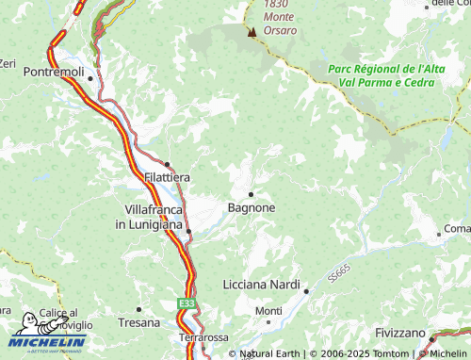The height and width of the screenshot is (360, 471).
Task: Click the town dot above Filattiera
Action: click(168, 163)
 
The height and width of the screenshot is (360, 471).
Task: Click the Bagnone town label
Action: click(252, 206)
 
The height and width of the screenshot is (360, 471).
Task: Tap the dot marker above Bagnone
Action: click(251, 194)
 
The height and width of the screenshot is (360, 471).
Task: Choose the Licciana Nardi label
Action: click(260, 285)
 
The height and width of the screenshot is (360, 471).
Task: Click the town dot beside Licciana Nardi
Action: click(306, 291)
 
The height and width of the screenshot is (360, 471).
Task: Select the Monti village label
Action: click(268, 311)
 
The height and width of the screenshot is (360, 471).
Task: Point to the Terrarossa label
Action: click(205, 336)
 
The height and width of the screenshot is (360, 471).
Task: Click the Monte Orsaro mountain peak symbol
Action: click(252, 32)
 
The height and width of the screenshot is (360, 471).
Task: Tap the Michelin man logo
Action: click(27, 324)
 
